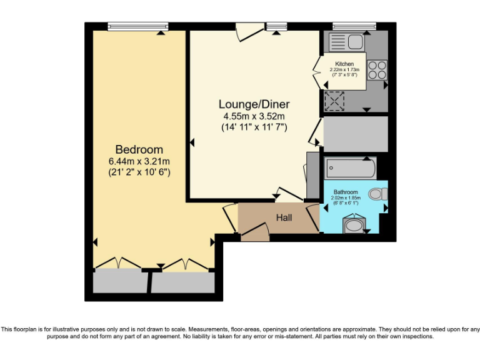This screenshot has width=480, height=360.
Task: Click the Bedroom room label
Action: tap(139, 149)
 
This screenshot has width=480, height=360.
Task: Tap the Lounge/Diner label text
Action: tap(254, 104)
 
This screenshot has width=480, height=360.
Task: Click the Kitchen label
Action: tap(344, 64)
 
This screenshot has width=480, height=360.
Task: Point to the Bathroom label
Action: tap(345, 192)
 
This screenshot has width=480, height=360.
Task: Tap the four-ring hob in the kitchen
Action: tap(377, 69)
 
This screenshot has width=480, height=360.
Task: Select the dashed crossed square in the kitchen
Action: tap(334, 100)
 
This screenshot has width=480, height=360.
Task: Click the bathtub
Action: tap(350, 168)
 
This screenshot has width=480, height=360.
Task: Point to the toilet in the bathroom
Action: tap(377, 194)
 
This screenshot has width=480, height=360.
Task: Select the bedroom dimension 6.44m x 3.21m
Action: tap(139, 161)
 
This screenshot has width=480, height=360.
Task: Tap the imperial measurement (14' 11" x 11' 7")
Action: tap(254, 127)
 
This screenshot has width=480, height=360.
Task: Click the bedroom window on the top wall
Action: tap(137, 26)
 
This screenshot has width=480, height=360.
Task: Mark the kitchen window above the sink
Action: tap(354, 26)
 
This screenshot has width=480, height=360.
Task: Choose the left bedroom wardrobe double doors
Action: tap(119, 264)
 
